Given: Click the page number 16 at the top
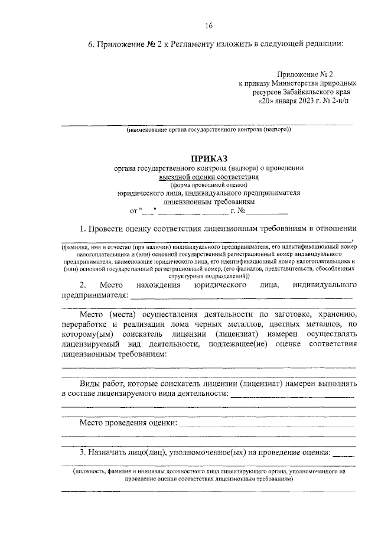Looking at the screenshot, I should click(208, 25).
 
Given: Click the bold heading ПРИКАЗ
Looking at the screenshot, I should click(208, 158).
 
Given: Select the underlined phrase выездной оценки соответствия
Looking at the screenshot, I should click(208, 176).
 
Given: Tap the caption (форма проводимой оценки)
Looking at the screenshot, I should click(208, 184).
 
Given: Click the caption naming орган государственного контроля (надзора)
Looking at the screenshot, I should click(208, 130).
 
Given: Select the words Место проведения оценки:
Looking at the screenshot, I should click(129, 423).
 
